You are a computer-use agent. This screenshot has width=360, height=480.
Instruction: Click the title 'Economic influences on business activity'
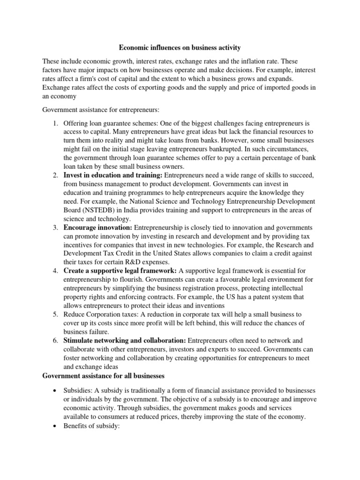[180, 47]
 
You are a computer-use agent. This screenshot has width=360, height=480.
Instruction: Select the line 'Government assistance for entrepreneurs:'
[101, 110]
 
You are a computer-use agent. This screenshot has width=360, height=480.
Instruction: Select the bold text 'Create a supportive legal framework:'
[120, 270]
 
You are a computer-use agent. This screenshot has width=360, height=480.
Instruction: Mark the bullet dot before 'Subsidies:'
[56, 391]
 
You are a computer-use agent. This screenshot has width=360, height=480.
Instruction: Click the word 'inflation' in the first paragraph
[252, 61]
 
